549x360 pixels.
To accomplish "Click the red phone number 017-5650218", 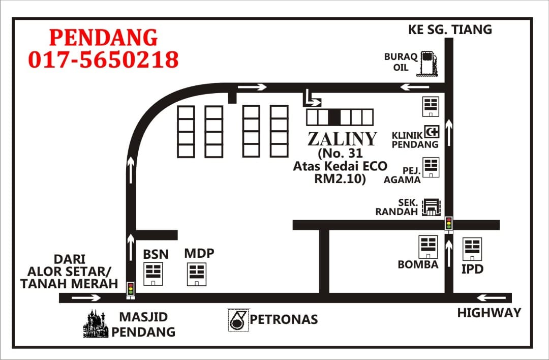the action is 103,59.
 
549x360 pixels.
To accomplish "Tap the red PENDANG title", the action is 103,38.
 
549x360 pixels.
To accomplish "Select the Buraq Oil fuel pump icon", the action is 427,64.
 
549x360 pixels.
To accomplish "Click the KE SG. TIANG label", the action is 450,29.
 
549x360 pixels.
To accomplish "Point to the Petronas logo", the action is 238,320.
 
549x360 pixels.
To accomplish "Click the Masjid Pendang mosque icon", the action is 96,323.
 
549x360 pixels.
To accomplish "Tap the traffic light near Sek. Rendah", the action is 448,224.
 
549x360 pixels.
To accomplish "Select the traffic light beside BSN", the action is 131,290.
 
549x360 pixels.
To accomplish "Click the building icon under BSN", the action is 153,274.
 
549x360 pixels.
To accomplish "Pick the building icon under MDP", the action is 196,274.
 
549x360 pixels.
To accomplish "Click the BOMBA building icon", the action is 428,247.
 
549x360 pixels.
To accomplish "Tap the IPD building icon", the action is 472,249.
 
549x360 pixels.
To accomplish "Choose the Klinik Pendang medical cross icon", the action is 432,132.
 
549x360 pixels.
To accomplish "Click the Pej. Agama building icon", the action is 431,167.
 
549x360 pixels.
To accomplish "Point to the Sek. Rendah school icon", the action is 431,207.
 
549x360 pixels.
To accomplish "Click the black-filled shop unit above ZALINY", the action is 334,117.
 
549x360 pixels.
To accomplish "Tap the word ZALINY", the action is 342,139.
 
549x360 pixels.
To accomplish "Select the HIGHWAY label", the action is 489,313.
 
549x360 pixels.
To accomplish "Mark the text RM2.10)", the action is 340,178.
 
